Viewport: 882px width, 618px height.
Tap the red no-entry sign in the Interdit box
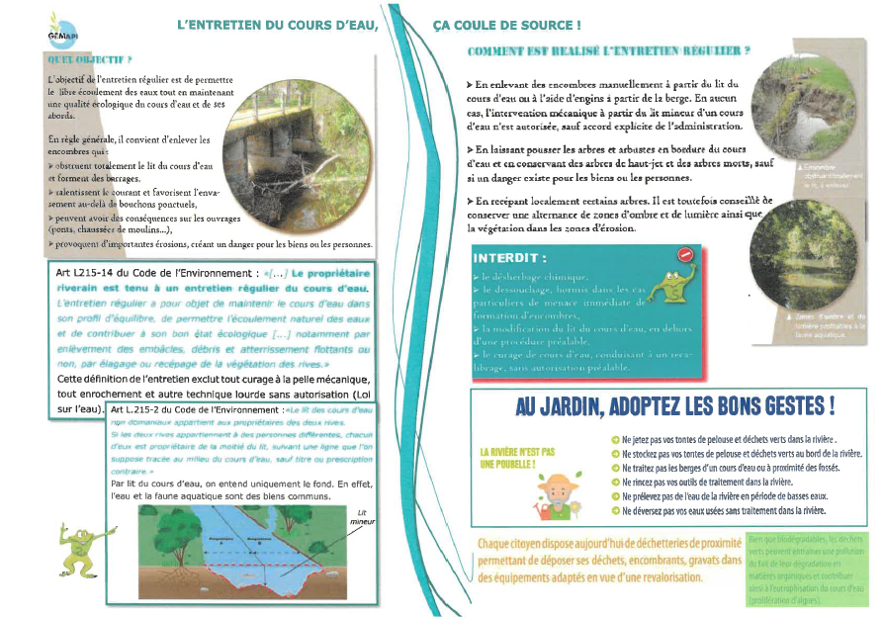[685, 255]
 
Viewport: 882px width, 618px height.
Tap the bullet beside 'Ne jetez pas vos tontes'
[615, 438]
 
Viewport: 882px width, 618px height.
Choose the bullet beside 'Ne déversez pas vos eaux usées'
[615, 511]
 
